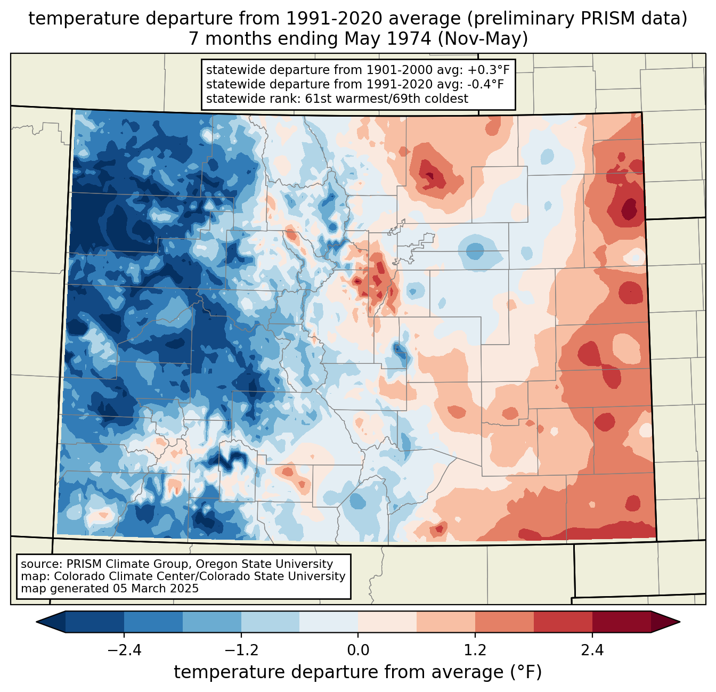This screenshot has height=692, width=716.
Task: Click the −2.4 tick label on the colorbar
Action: point(124,650)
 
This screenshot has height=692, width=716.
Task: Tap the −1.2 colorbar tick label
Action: point(241,650)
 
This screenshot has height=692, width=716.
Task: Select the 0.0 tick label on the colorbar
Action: point(358,650)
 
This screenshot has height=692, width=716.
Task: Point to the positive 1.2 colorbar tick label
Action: point(475,650)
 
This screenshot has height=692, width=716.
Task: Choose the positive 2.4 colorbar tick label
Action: point(592,650)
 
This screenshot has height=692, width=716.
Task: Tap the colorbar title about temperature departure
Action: point(358,672)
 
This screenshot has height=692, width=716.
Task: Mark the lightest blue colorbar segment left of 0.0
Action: point(329,622)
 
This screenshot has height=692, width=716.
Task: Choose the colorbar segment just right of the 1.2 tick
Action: point(504,622)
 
